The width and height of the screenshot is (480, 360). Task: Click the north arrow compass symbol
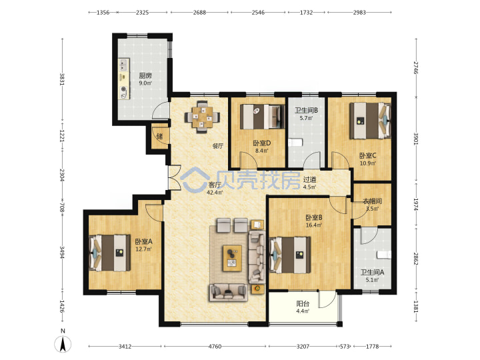pos(63,344)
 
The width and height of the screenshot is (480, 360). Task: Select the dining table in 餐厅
pos(202,117)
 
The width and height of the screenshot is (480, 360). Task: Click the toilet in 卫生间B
pos(295,143)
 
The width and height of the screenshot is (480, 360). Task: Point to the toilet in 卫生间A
pos(384,255)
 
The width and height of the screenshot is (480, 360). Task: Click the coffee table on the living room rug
pos(232,258)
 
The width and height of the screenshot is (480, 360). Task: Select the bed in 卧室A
pos(109,253)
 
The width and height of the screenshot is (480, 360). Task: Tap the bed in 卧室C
pos(370,121)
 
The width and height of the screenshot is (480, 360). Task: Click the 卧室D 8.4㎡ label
pos(262,146)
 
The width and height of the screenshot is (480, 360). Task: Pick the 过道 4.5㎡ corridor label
pos(309,183)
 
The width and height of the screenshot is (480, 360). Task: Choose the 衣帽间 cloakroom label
pos(372,205)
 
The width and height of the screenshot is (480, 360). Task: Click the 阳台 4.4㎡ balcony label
pos(303,307)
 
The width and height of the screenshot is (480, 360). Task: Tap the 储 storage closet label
pos(159,136)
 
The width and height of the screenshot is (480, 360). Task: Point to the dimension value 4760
pos(215,346)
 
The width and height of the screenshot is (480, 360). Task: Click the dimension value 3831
pos(62,79)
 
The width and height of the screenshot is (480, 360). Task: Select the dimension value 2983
pos(359,13)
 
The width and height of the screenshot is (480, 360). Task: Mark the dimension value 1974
pos(416,204)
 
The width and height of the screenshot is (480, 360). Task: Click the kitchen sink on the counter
pos(123,65)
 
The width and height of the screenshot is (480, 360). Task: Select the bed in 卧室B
pos(290,255)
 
